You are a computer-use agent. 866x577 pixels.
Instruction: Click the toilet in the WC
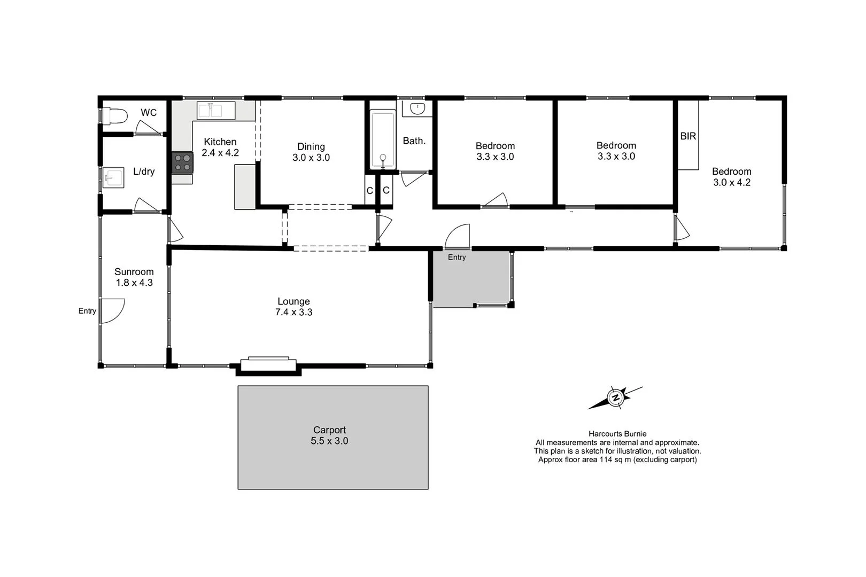tap(115, 115)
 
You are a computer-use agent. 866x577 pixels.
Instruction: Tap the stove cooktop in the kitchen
tap(182, 162)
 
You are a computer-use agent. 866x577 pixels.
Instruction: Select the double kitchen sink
tap(216, 111)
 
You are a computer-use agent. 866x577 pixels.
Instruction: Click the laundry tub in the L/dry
tap(113, 178)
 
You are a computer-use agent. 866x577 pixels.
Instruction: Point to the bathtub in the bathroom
tap(383, 139)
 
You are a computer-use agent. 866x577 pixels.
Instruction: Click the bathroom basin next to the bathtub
tap(417, 109)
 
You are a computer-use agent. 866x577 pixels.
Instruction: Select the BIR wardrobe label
tap(688, 136)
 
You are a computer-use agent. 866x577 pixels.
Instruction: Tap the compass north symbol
tap(615, 397)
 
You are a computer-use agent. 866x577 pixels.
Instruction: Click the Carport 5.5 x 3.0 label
tap(329, 435)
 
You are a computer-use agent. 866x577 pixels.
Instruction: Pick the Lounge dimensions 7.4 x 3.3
tap(293, 313)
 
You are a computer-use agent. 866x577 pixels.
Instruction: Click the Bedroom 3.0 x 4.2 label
tap(731, 177)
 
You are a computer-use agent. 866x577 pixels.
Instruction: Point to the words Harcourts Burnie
tap(617, 434)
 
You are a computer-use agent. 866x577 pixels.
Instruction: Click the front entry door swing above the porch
tap(458, 237)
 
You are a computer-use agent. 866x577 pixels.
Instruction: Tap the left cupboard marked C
tap(369, 191)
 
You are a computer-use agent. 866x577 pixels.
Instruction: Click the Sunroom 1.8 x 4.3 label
tap(134, 277)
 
